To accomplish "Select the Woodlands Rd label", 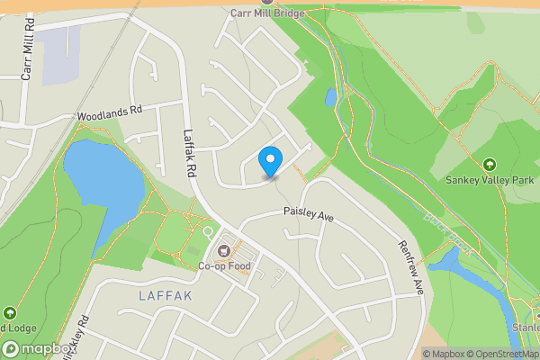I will (x=110, y=114).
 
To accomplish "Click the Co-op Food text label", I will (x=222, y=265).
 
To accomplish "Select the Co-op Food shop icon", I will (x=224, y=249).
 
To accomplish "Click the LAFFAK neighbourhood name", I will (x=166, y=295).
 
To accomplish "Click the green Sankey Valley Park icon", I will (x=490, y=165).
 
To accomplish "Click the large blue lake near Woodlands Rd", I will (x=104, y=180).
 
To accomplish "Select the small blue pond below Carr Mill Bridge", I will (x=330, y=96).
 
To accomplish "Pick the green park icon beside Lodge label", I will (x=10, y=313).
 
